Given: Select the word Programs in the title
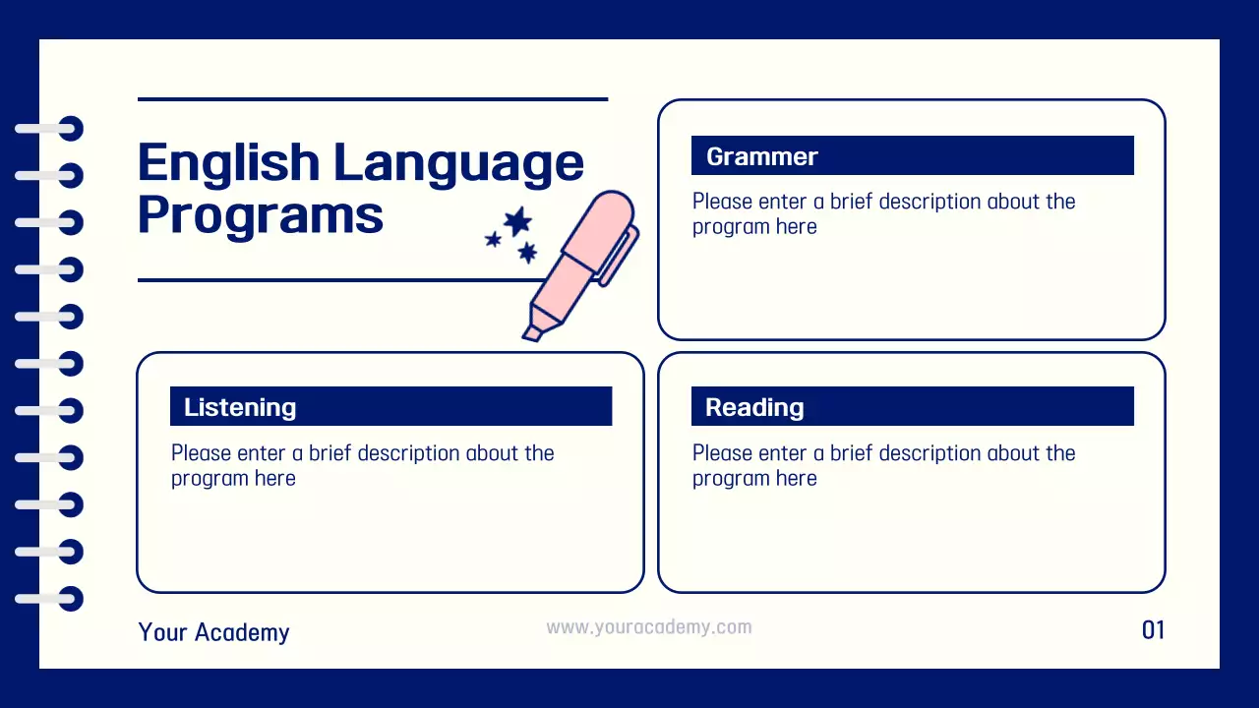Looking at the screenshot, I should (x=260, y=215).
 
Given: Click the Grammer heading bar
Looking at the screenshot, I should (x=912, y=156).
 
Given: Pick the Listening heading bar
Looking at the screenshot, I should (x=390, y=407).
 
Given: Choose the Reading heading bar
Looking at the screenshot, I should (x=912, y=407).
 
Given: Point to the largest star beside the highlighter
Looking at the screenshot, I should (x=517, y=221).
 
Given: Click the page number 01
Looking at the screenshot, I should (x=1153, y=630).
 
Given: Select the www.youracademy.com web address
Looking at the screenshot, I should (x=649, y=627).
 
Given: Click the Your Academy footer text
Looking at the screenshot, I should (x=213, y=632).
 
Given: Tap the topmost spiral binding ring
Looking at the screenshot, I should (x=70, y=129).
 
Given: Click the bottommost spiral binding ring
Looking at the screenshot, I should (x=70, y=598).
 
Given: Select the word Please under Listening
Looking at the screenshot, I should (x=203, y=453).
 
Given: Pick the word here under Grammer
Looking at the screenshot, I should (x=796, y=227).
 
